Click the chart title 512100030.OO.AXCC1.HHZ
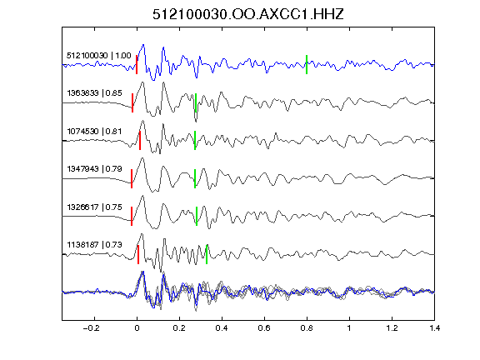coord(248,14)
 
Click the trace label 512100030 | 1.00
coord(99,56)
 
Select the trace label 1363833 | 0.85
coord(95,93)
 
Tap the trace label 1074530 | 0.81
coord(94,132)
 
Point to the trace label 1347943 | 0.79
coord(95,169)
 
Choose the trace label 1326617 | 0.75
coord(95,207)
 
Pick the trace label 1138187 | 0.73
coord(95,245)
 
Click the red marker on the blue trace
coord(137,65)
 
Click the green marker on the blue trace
coord(307,65)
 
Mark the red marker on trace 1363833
coord(132,102)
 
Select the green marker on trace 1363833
coord(196,102)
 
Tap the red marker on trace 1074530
coord(140,140)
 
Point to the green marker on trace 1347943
coord(195,178)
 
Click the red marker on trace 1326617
coord(132,216)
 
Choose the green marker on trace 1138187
coord(207,254)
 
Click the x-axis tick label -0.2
coord(92,328)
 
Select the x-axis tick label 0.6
coord(264,328)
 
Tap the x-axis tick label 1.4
coord(434,328)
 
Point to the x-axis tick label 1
coord(349,328)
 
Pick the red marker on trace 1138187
coord(138,254)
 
